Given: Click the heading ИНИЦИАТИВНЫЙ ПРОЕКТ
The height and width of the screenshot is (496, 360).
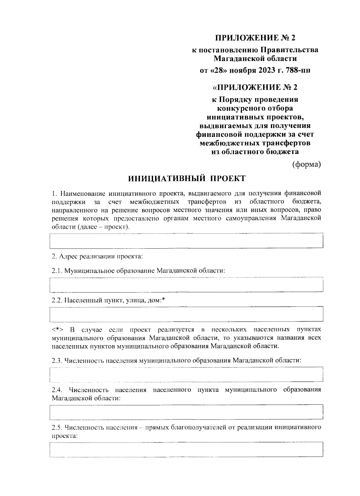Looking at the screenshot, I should click(187, 179).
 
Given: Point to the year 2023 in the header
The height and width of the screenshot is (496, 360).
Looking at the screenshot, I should click(264, 71).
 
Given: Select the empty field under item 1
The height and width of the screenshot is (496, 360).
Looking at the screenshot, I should click(186, 240).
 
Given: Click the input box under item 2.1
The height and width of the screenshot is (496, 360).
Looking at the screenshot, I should click(186, 285).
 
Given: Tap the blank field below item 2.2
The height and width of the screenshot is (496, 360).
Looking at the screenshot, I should click(186, 314).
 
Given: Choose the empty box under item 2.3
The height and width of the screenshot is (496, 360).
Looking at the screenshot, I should click(186, 374).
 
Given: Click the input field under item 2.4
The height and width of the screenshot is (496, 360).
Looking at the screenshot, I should click(186, 412).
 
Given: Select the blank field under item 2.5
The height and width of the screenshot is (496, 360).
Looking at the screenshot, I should click(186, 449).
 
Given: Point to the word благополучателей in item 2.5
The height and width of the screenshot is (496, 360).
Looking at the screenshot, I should click(195, 427).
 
